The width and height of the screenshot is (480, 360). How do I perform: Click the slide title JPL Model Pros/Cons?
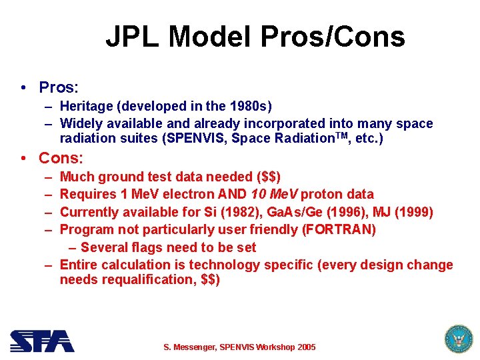click(255, 37)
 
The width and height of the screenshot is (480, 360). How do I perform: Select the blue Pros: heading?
click(59, 88)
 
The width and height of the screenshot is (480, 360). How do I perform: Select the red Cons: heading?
click(61, 159)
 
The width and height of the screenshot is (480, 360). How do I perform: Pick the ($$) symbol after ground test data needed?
click(268, 177)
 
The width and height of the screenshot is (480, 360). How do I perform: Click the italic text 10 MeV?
click(275, 194)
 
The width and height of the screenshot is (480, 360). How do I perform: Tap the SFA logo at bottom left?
click(42, 341)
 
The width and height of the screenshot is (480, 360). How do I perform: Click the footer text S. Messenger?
click(191, 347)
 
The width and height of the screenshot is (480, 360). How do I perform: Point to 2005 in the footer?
click(305, 347)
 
